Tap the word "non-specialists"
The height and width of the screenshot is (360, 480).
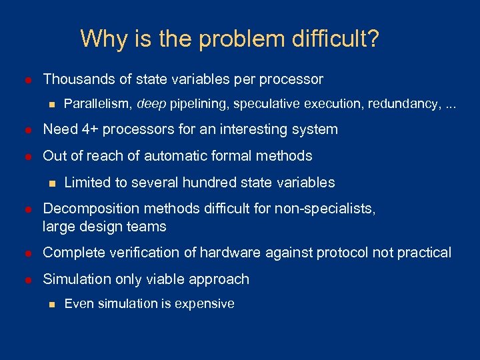pos(329,209)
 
